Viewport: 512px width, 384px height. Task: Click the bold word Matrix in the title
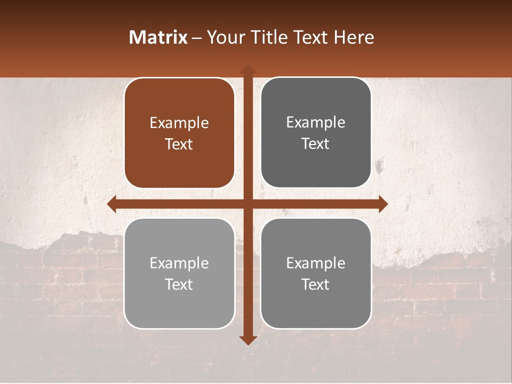[158, 37]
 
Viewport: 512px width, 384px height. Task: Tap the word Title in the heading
[265, 37]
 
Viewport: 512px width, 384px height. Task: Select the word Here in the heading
[354, 37]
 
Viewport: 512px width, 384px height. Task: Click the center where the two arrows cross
[247, 204]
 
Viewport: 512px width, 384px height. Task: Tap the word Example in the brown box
[179, 123]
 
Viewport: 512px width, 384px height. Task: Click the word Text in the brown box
[179, 145]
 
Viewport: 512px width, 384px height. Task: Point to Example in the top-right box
[316, 123]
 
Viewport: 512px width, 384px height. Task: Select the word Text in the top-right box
[316, 144]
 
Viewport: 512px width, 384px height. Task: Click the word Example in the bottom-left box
[179, 263]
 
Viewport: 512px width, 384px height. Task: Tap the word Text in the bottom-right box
[316, 285]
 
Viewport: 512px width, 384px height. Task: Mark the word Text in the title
[309, 37]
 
